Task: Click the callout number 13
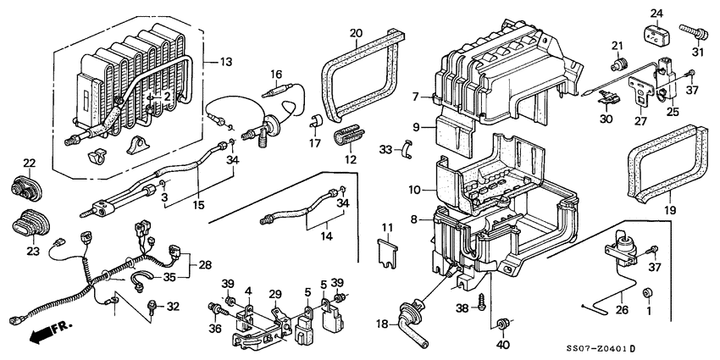tap(225, 62)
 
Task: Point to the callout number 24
tap(656, 13)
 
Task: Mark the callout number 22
tap(29, 163)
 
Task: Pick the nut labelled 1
tap(648, 293)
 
